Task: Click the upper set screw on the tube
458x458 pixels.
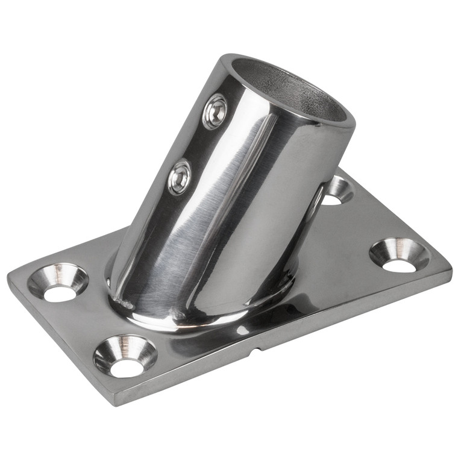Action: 215,112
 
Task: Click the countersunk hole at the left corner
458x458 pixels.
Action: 58,282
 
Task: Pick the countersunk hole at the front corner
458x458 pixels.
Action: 125,356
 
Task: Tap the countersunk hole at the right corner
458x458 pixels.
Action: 399,254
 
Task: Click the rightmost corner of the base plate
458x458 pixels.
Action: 451,268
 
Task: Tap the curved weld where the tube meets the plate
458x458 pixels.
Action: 181,318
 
